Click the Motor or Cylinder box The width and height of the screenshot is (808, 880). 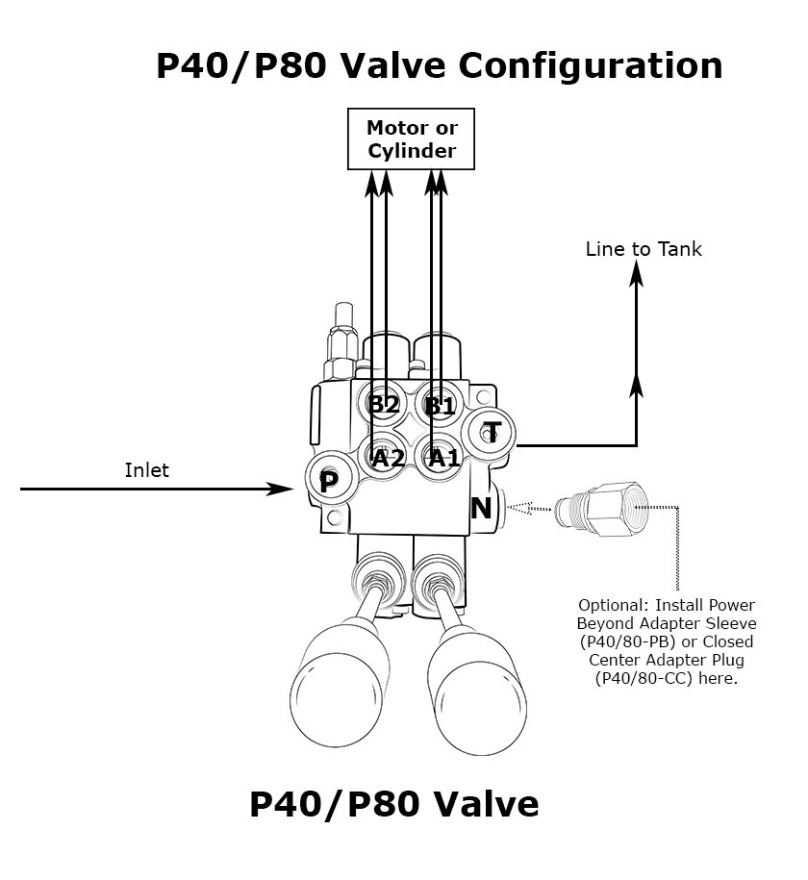coord(411,138)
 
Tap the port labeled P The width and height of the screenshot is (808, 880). coord(327,481)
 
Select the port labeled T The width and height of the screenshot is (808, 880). coord(492,431)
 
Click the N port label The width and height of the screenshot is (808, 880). coord(481,508)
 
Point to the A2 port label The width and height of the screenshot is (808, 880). coord(388,458)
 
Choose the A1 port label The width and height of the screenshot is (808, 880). coord(443,458)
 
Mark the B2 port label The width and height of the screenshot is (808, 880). coord(384,404)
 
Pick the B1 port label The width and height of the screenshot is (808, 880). coord(440,405)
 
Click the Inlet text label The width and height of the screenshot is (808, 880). coord(146,470)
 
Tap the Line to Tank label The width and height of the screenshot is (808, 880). coord(644,249)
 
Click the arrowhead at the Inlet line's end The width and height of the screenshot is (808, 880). coord(283,489)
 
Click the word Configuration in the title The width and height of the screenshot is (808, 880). coord(590,66)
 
